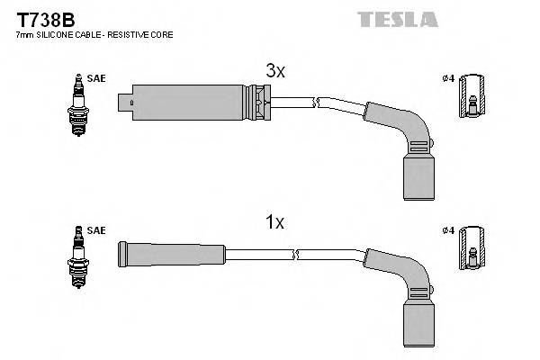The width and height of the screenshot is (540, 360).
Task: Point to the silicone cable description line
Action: coord(95,34)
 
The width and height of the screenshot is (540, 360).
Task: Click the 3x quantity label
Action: coord(274,71)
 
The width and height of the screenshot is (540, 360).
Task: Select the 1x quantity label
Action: coord(274,222)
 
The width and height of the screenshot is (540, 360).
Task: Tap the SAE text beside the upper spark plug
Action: coord(97,79)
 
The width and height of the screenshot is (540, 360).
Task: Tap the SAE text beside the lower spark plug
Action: coord(97,231)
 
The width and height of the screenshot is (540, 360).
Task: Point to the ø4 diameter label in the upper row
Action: coord(447,78)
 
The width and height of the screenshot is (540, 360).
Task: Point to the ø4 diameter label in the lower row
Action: coord(447,231)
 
